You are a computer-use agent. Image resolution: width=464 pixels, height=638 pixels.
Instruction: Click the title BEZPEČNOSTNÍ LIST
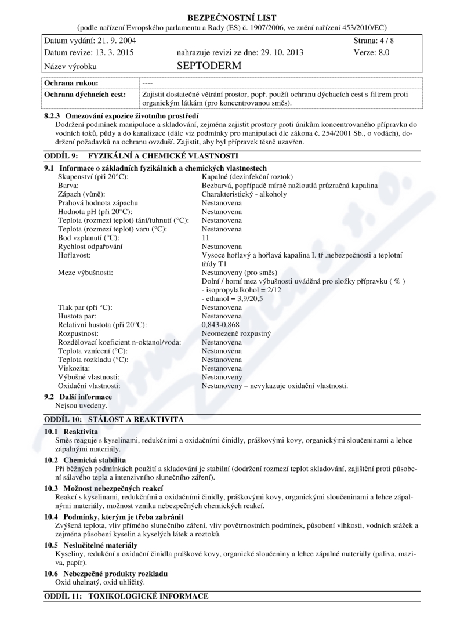point(232,17)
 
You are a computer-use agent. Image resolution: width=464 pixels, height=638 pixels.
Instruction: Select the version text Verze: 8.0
point(371,52)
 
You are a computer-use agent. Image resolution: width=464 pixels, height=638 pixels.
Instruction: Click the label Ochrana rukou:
point(71,83)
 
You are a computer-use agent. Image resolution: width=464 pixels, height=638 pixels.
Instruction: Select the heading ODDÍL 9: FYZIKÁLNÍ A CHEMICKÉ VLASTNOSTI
point(141,156)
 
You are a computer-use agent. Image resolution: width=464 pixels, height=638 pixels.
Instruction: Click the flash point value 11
point(205,238)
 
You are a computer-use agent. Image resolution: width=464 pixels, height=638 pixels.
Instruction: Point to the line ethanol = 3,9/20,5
point(232,299)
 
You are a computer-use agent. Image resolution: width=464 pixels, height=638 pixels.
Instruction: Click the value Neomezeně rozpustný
point(236,334)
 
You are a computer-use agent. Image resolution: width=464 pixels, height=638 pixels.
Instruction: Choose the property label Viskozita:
point(74,368)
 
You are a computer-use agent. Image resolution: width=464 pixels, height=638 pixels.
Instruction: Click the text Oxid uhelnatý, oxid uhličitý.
point(100,582)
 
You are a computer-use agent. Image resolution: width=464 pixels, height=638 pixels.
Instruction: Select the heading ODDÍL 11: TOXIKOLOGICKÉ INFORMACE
point(125,596)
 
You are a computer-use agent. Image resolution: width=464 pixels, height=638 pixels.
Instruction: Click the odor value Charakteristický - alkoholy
point(244,194)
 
